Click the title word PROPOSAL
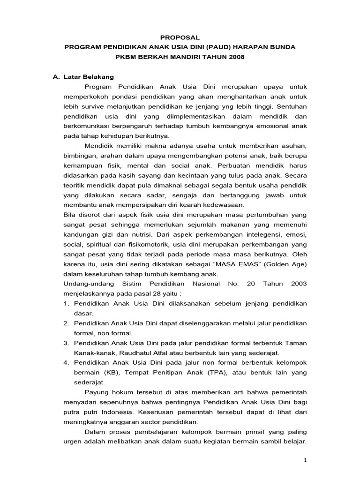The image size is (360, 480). tap(180, 37)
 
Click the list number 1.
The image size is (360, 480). tap(65, 304)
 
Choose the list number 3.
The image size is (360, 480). tap(65, 343)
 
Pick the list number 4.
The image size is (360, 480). tap(65, 363)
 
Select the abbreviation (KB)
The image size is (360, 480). tap(107, 373)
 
